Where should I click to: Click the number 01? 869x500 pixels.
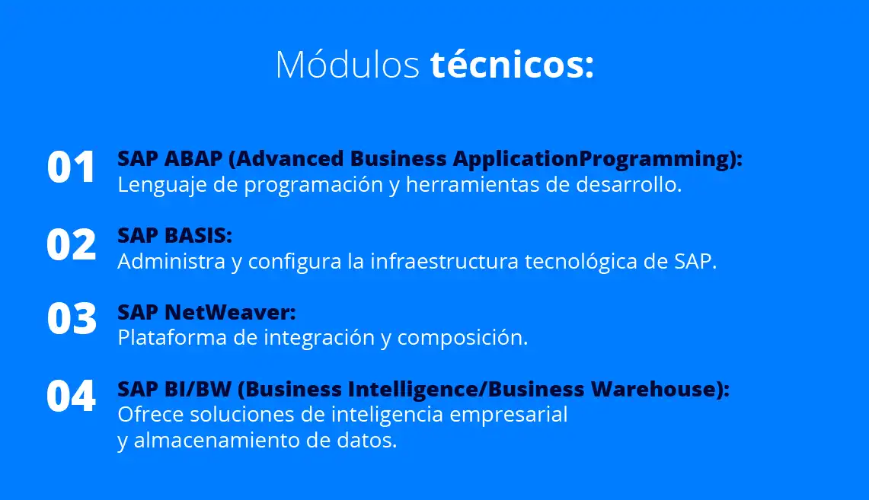71,167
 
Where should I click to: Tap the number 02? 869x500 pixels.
71,244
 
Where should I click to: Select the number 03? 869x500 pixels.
72,319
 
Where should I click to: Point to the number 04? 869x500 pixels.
71,396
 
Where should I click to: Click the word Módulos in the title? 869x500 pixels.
347,64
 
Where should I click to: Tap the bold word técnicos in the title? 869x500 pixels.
506,64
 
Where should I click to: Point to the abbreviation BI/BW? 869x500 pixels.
198,389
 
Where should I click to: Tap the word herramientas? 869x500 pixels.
472,184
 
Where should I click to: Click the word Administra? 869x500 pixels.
171,261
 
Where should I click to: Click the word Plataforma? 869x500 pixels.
172,338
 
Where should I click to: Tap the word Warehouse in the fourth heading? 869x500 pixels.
654,389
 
